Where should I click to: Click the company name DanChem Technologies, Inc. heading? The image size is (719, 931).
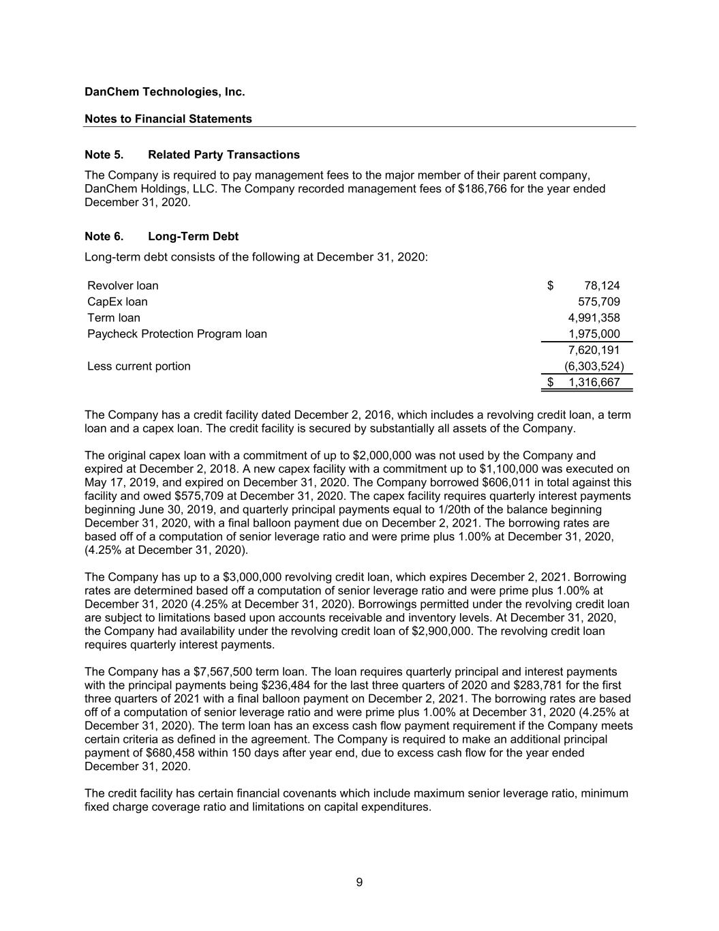(164, 91)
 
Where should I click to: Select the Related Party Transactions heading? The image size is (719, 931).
(224, 155)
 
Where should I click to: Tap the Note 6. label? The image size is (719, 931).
(104, 236)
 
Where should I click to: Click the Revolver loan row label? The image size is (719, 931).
(123, 286)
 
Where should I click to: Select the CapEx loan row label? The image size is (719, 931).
(117, 301)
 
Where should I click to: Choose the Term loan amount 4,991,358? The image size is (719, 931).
(594, 318)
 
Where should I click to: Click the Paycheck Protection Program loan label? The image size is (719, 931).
(177, 334)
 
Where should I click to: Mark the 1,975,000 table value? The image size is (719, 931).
(594, 334)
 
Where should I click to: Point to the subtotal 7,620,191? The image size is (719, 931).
(594, 350)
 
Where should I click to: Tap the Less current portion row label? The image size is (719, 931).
(139, 366)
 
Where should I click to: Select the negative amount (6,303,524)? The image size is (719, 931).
(594, 366)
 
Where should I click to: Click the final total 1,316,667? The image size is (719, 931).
(594, 382)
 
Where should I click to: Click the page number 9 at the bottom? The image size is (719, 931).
(359, 883)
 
